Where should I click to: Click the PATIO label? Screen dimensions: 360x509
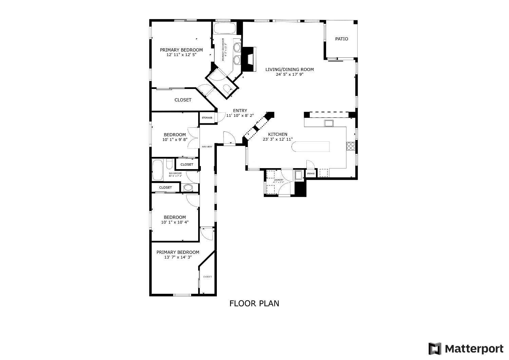click(341, 39)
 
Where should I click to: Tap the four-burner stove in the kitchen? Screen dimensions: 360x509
click(351, 146)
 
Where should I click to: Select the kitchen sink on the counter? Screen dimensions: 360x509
click(329, 123)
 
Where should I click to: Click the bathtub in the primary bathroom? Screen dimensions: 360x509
click(224, 28)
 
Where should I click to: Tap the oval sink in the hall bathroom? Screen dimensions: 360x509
click(188, 188)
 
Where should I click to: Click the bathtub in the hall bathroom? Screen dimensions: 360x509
click(158, 170)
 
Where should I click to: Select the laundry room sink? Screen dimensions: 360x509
click(299, 175)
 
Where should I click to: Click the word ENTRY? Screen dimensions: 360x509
click(240, 110)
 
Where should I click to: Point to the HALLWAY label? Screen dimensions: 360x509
click(207, 147)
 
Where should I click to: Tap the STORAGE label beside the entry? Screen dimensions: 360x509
click(207, 118)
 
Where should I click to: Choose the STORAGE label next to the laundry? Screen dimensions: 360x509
click(311, 174)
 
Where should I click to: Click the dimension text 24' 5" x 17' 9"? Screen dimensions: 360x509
click(289, 74)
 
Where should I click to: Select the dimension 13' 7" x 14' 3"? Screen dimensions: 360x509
click(177, 257)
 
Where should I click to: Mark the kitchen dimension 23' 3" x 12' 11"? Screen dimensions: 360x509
click(278, 139)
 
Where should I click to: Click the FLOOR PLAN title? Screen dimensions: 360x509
click(254, 303)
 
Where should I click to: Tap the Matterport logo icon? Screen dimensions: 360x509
click(435, 349)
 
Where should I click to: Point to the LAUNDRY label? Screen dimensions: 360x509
click(279, 180)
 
